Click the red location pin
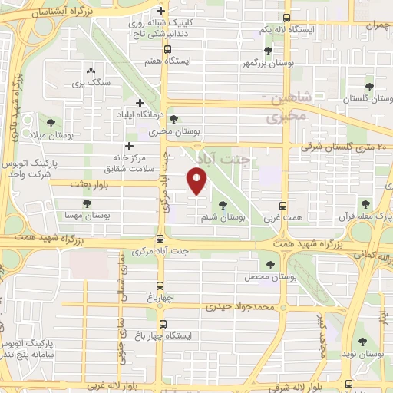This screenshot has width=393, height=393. [197, 181]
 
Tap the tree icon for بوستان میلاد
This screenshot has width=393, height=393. [51, 122]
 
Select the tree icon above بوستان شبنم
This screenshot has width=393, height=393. [223, 205]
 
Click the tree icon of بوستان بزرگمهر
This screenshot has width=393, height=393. [267, 51]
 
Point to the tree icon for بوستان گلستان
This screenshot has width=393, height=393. [369, 87]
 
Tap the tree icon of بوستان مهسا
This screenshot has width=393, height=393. [84, 203]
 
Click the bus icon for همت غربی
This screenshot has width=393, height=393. [283, 206]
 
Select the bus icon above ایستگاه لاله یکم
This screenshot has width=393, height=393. [286, 17]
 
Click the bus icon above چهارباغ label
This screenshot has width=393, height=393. [160, 284]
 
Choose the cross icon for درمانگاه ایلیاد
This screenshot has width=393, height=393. [139, 103]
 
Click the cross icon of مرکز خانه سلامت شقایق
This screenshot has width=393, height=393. [129, 145]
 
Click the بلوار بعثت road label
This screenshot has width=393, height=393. [91, 184]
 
